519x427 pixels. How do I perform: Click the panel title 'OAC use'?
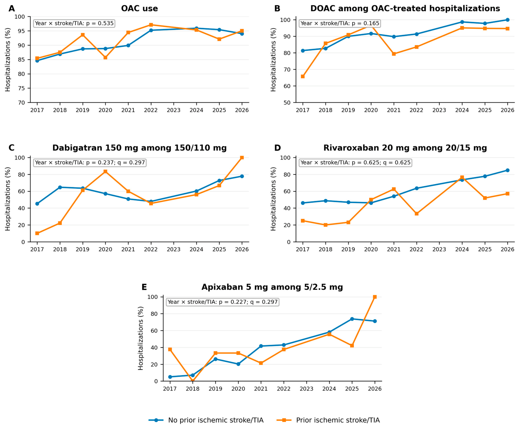pyautogui.click(x=139, y=9)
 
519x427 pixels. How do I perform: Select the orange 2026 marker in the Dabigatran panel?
pyautogui.click(x=242, y=158)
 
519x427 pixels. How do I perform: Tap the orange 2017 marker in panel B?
pyautogui.click(x=302, y=76)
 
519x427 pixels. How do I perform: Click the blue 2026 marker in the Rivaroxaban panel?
pyautogui.click(x=507, y=170)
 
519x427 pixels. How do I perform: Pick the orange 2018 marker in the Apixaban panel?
pyautogui.click(x=193, y=381)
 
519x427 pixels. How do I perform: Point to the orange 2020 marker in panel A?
pyautogui.click(x=105, y=57)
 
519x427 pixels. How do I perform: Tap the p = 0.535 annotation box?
pyautogui.click(x=74, y=23)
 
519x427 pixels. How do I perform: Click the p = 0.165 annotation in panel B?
pyautogui.click(x=340, y=23)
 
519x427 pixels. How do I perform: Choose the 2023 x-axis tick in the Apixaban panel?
pyautogui.click(x=306, y=389)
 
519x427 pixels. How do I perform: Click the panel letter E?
pyautogui.click(x=144, y=287)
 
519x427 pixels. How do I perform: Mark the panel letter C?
pyautogui.click(x=12, y=148)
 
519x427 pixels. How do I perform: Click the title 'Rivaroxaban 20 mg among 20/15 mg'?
pyautogui.click(x=405, y=148)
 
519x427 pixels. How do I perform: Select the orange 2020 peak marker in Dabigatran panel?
pyautogui.click(x=105, y=171)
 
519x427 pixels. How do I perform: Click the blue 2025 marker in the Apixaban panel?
pyautogui.click(x=352, y=319)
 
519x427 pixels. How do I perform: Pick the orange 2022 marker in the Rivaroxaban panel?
pyautogui.click(x=416, y=214)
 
